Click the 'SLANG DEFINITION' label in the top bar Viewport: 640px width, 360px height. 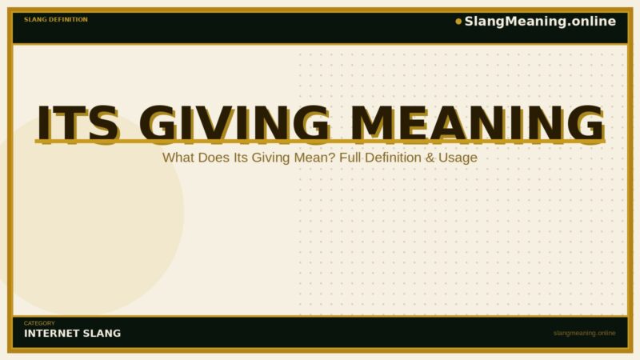[x=56, y=19]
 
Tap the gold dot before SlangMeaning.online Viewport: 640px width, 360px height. [x=458, y=22]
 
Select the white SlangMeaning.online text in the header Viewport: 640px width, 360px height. [x=540, y=22]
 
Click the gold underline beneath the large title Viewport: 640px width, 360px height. [x=320, y=142]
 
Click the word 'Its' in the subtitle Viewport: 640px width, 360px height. [x=242, y=158]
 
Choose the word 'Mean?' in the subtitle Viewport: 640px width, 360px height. [x=317, y=158]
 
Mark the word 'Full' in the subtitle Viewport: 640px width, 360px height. [x=352, y=158]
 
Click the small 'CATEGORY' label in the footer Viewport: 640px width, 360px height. [x=39, y=323]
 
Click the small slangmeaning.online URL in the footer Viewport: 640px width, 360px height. [x=584, y=333]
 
